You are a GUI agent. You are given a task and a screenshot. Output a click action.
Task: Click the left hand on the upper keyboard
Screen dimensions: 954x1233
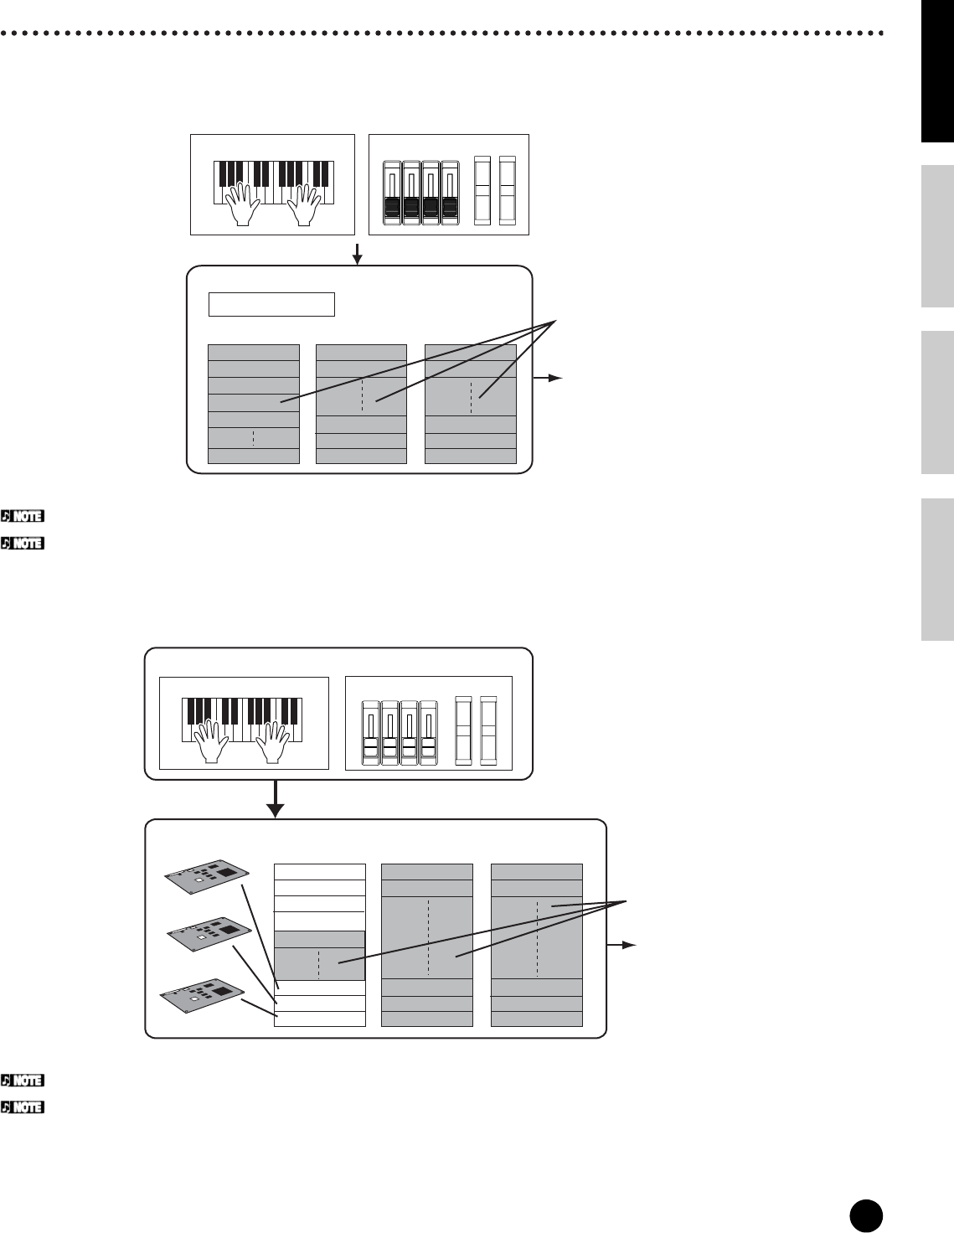tap(242, 205)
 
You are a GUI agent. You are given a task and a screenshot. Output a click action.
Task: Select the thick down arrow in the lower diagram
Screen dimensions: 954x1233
tap(275, 800)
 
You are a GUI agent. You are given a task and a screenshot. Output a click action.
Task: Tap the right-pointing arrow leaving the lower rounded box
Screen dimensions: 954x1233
tap(624, 944)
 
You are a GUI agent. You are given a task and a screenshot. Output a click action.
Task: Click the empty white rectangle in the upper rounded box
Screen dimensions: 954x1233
tap(271, 304)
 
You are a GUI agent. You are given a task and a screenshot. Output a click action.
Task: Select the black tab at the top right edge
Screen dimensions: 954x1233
tap(937, 71)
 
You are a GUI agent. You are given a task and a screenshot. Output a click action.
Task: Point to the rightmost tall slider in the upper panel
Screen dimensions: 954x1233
tap(507, 190)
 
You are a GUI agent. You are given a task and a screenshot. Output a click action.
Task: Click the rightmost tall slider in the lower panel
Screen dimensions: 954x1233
tap(488, 730)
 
